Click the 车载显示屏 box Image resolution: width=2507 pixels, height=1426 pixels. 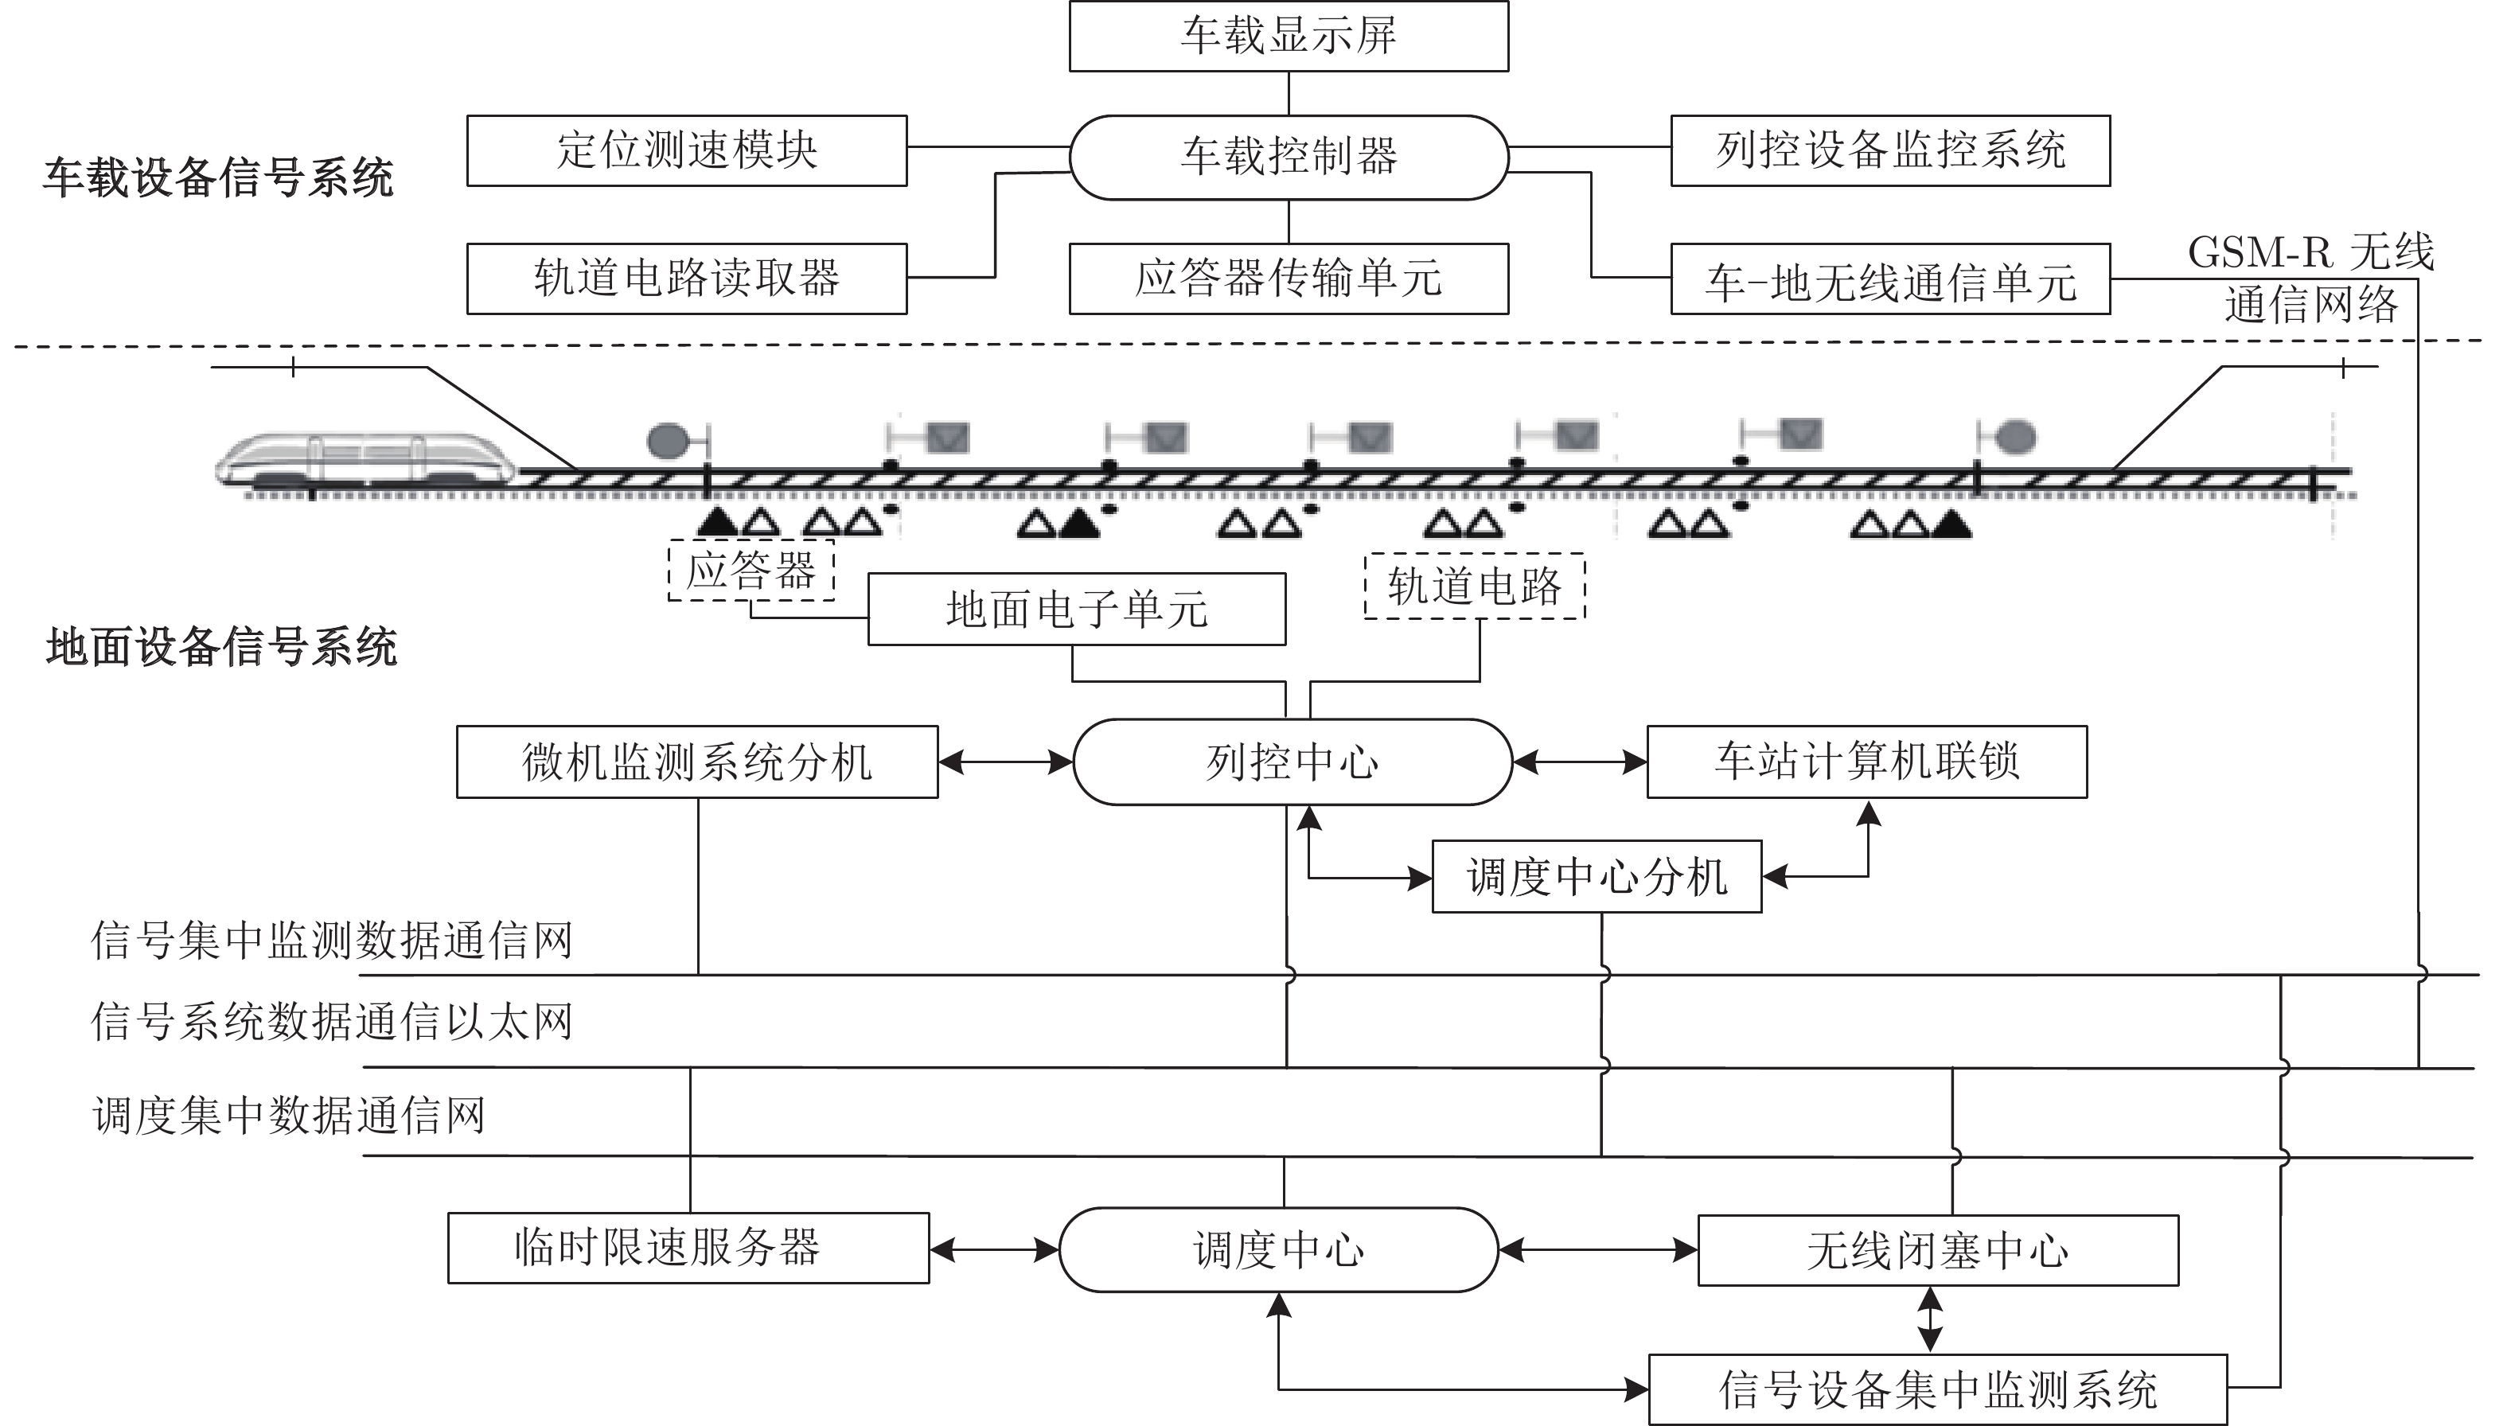click(x=1289, y=37)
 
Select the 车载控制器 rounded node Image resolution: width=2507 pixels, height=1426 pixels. click(x=1289, y=158)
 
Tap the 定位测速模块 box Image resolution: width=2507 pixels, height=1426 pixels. click(x=687, y=151)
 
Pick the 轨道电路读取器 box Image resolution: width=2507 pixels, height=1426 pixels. click(x=687, y=279)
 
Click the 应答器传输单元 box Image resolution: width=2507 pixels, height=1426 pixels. click(x=1289, y=279)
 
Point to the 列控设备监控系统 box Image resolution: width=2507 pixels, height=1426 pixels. click(x=1890, y=151)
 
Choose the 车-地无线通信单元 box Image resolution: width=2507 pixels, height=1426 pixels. click(x=1890, y=279)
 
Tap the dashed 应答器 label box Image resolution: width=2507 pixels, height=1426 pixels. click(x=751, y=570)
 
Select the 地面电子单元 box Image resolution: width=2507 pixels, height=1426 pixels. click(x=1078, y=610)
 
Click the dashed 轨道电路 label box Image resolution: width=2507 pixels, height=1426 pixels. click(x=1475, y=586)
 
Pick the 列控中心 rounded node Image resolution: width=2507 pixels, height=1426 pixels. click(x=1292, y=762)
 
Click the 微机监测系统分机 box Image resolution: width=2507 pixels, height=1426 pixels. click(x=697, y=762)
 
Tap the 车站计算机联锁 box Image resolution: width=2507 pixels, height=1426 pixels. click(x=1866, y=762)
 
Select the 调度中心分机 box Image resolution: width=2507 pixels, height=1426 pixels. click(x=1597, y=877)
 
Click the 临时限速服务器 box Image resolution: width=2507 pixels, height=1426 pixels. click(x=688, y=1248)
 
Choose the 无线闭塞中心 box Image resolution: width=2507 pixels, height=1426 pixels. click(x=1938, y=1251)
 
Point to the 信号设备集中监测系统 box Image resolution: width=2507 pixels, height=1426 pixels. click(x=1938, y=1389)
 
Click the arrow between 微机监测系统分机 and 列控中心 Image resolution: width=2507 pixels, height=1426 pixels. click(x=1006, y=762)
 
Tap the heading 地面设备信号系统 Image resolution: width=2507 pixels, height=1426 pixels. click(x=221, y=648)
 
